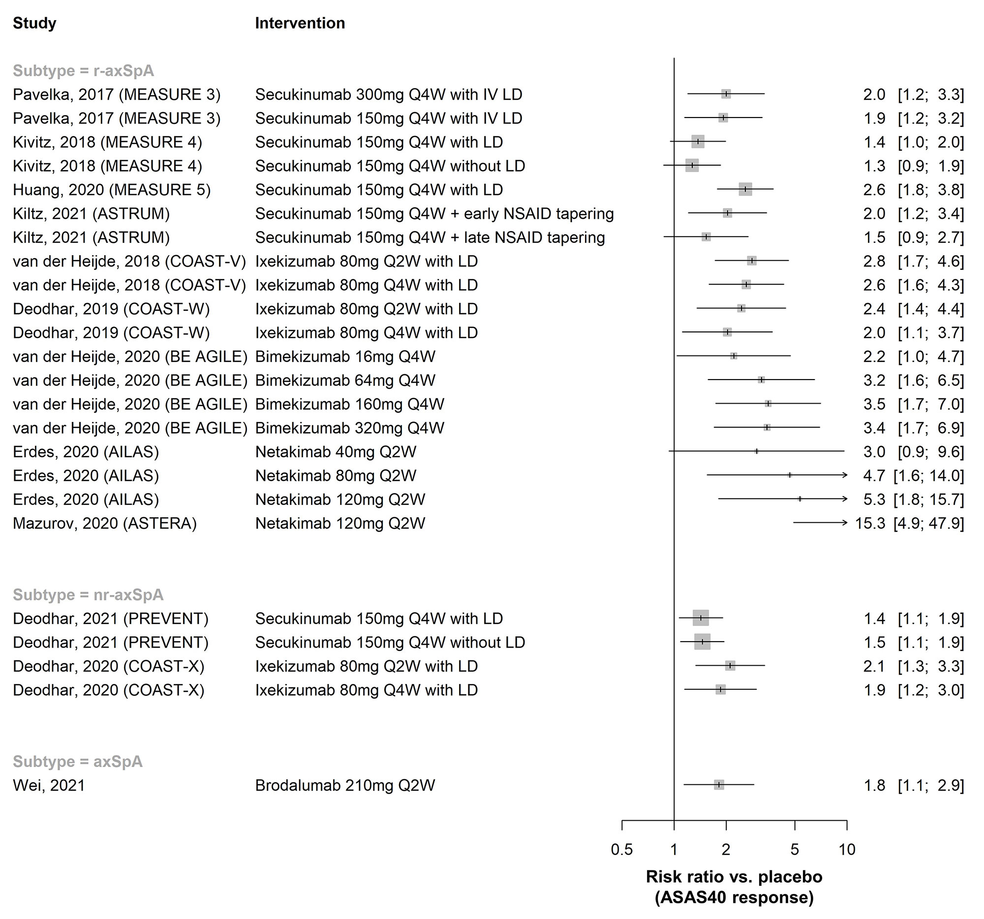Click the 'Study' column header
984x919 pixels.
pyautogui.click(x=34, y=23)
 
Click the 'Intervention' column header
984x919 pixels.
pyautogui.click(x=300, y=23)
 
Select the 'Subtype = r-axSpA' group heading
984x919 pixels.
pyautogui.click(x=83, y=71)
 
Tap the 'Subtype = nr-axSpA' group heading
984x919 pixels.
pyautogui.click(x=88, y=594)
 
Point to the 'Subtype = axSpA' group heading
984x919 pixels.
pyautogui.click(x=78, y=761)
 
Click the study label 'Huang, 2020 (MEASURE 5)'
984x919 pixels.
pyautogui.click(x=111, y=190)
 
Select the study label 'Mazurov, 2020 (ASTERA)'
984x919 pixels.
pyautogui.click(x=104, y=523)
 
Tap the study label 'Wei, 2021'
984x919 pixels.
pyautogui.click(x=49, y=785)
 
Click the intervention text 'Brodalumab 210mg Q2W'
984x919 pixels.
pyautogui.click(x=345, y=785)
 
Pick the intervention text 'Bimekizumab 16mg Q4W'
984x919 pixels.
pyautogui.click(x=345, y=356)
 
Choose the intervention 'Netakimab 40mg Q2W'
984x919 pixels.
pyautogui.click(x=336, y=451)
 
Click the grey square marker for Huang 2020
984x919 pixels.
pyautogui.click(x=745, y=189)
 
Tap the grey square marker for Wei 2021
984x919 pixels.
pyautogui.click(x=719, y=784)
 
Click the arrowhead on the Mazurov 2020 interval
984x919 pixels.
pyautogui.click(x=844, y=523)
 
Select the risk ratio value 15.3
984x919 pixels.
pyautogui.click(x=870, y=523)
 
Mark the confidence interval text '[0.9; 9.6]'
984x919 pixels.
pyautogui.click(x=930, y=451)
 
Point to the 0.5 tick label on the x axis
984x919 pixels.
pyautogui.click(x=622, y=850)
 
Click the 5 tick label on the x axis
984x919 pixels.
pyautogui.click(x=795, y=850)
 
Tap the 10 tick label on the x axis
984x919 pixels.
pyautogui.click(x=847, y=850)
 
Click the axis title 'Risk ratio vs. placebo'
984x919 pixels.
pyautogui.click(x=734, y=876)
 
